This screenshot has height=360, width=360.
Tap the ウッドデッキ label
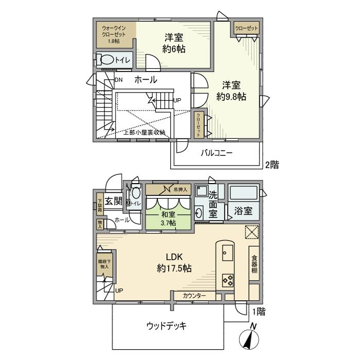[x=166, y=326]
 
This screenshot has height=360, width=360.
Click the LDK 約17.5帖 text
[x=174, y=262]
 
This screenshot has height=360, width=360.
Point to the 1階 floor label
[x=258, y=311]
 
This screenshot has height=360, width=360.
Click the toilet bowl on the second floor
[x=107, y=60]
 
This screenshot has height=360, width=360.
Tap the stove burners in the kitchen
[x=227, y=280]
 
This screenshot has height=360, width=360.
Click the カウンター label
[x=194, y=296]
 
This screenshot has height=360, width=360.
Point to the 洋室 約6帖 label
[x=174, y=43]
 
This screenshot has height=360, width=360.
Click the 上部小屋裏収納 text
[x=143, y=132]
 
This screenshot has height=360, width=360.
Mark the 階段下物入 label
[x=104, y=264]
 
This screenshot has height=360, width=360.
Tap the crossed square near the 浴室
[x=250, y=231]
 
